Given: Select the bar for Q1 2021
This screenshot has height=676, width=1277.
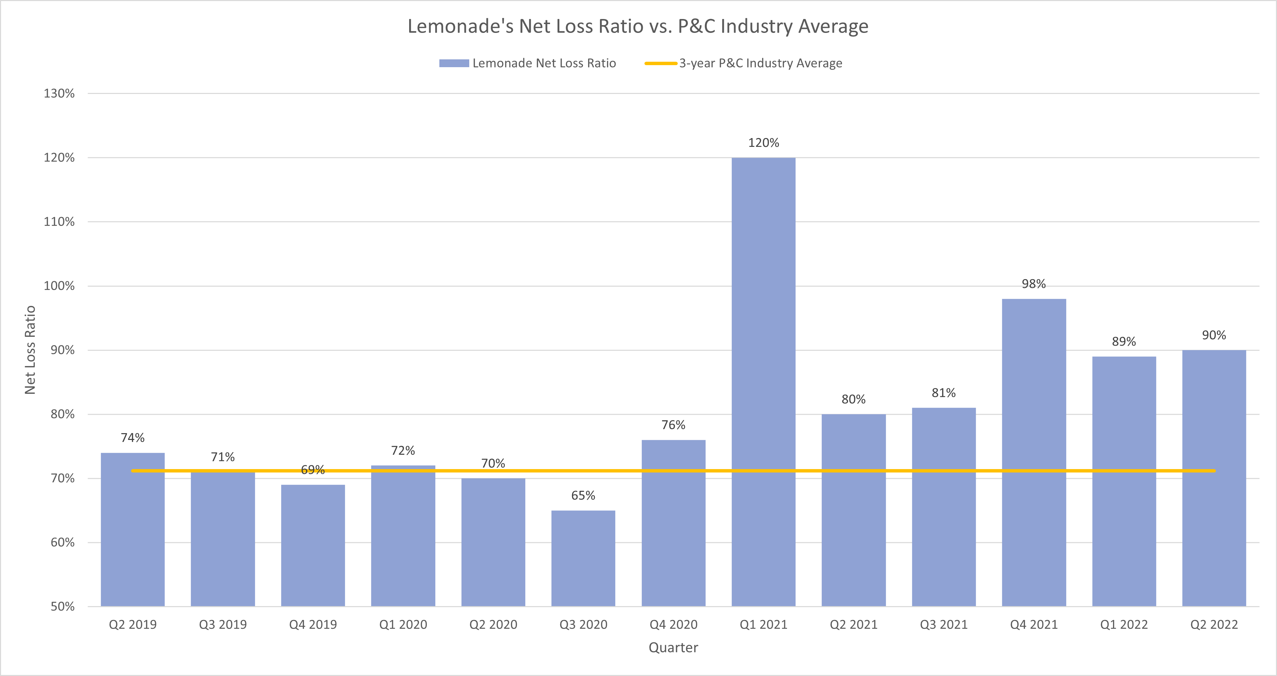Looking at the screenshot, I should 763,381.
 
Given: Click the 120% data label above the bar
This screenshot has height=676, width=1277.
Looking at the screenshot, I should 763,143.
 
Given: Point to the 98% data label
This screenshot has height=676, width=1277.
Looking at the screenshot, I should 1034,284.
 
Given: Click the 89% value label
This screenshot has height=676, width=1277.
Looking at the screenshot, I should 1124,342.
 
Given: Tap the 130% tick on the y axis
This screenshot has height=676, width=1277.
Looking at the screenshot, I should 59,94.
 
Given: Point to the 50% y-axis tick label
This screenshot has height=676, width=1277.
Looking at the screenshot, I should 62,607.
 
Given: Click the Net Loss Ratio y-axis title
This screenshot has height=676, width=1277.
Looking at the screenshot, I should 30,350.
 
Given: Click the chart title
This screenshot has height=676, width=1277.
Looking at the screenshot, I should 638,26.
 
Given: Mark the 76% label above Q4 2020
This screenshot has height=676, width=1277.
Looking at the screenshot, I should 673,425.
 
